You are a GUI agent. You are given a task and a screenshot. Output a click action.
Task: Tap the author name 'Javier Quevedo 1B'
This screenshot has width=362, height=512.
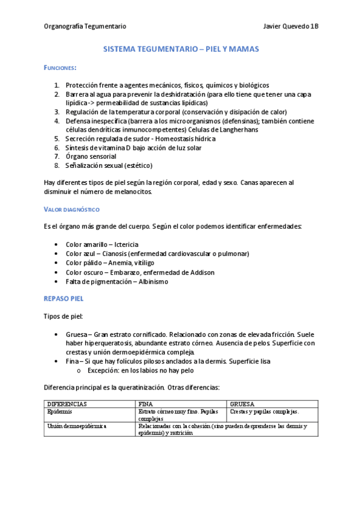click(291, 26)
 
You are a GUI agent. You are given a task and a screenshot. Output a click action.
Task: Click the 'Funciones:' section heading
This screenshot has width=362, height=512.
click(60, 68)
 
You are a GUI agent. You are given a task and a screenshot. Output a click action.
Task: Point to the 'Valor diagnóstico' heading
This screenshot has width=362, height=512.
click(71, 209)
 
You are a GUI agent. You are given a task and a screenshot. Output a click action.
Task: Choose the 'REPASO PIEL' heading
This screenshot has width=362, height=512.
click(64, 299)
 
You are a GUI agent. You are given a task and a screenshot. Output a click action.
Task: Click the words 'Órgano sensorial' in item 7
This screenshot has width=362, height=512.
click(91, 156)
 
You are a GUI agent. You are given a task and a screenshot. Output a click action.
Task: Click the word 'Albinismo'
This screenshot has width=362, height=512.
click(149, 281)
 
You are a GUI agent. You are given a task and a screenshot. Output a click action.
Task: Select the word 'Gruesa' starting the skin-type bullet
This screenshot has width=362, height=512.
click(76, 334)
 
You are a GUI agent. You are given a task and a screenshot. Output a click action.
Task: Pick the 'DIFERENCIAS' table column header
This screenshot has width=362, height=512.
click(67, 403)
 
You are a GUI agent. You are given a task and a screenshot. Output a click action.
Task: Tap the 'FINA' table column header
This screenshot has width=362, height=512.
click(145, 403)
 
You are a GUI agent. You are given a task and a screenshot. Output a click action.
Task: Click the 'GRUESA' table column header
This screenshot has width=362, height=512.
click(242, 403)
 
